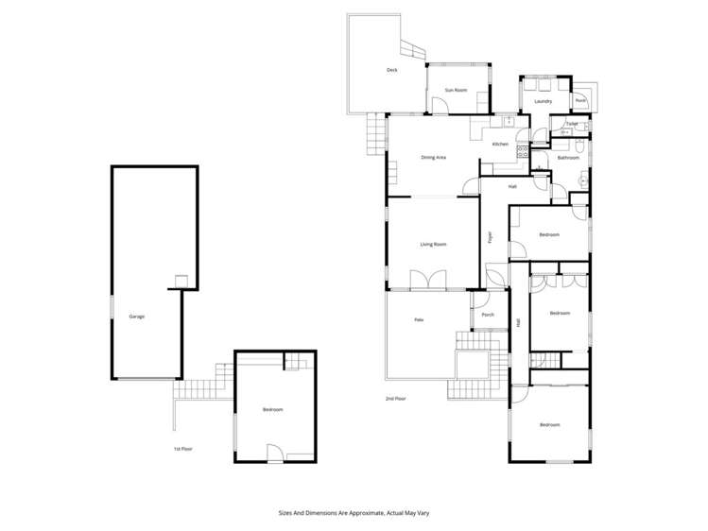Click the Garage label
pos(136,317)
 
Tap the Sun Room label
pos(457,90)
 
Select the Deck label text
pos(392,71)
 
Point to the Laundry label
pos(543,101)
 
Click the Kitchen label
pos(500,144)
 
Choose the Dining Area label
pos(434,157)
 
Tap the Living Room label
pos(433,245)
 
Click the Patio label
pos(418,321)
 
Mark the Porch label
pos(488,315)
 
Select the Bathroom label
pos(567,158)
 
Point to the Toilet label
pos(571,124)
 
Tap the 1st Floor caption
pos(182,449)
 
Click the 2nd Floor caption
pos(395,399)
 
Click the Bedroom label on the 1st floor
pos(273,409)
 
